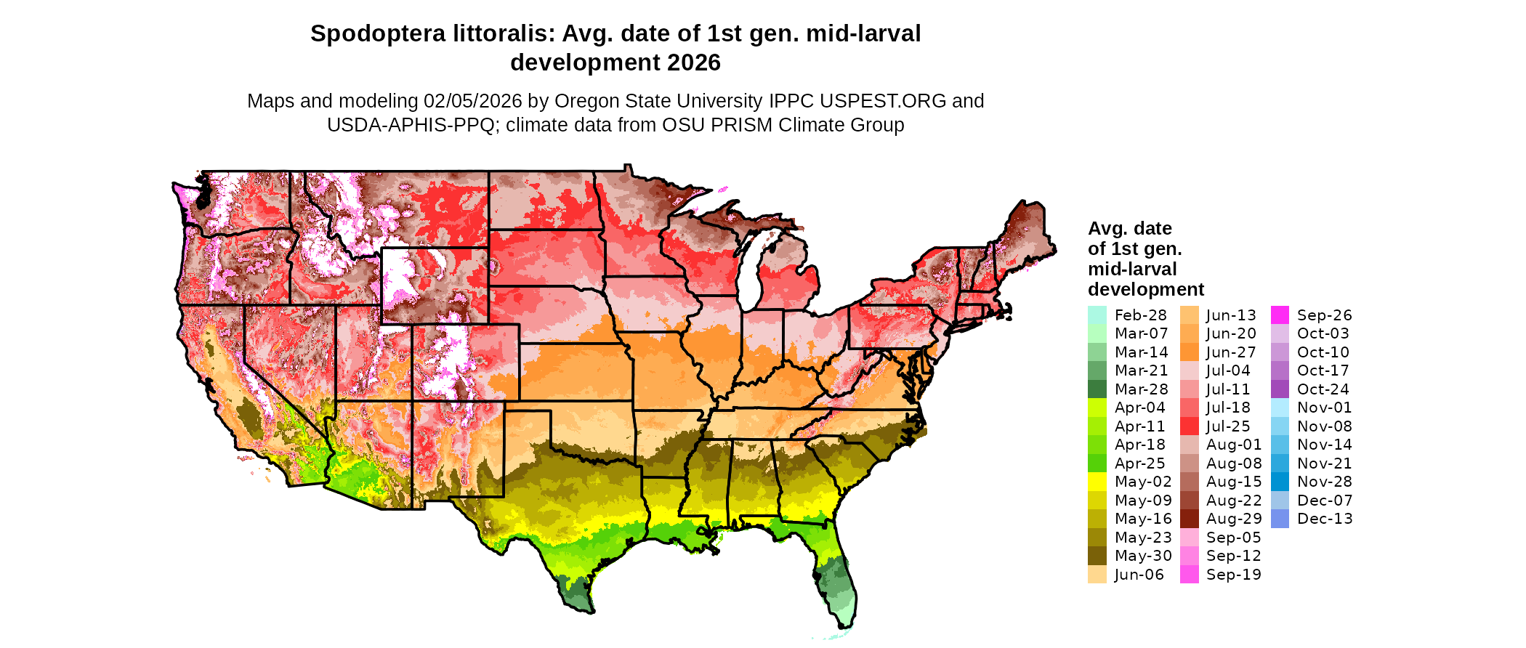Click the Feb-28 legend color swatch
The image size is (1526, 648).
click(1097, 315)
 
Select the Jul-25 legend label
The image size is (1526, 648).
click(1228, 426)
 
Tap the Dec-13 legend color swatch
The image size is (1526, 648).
click(1280, 519)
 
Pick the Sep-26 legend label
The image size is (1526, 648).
click(1324, 315)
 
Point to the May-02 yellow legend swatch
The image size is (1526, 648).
click(1097, 482)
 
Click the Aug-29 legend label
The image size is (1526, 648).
click(1234, 519)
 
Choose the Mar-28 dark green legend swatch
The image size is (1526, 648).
click(1097, 389)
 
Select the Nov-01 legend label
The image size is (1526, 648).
click(1324, 408)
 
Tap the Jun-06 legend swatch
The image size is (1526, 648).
click(1097, 575)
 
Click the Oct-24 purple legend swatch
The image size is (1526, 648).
click(1280, 389)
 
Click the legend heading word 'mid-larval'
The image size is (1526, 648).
click(1132, 269)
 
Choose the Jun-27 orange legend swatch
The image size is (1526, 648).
click(1189, 352)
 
